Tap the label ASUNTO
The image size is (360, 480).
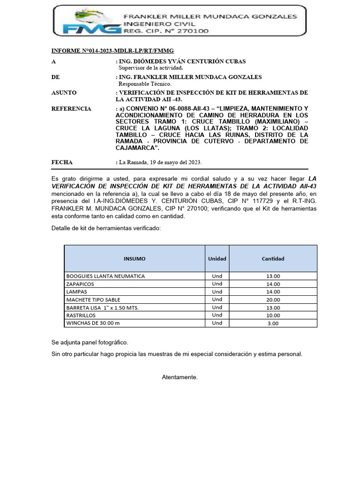pyautogui.click(x=64, y=93)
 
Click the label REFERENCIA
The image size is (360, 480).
pyautogui.click(x=71, y=109)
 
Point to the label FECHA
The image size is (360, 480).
pyautogui.click(x=62, y=162)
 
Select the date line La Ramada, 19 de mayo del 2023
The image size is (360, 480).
pyautogui.click(x=159, y=163)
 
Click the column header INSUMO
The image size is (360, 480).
pyautogui.click(x=135, y=259)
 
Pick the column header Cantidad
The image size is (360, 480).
pyautogui.click(x=273, y=259)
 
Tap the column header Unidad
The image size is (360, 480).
pyautogui.click(x=217, y=259)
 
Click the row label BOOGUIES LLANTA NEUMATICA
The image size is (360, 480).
pyautogui.click(x=105, y=276)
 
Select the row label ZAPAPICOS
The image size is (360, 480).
pyautogui.click(x=80, y=284)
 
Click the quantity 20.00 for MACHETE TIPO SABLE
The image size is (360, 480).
pyautogui.click(x=273, y=300)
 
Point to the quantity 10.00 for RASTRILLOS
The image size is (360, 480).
pyautogui.click(x=273, y=315)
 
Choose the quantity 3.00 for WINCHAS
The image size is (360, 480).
pyautogui.click(x=273, y=323)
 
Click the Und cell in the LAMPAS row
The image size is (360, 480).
pyautogui.click(x=217, y=292)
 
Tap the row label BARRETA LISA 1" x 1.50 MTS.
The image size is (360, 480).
pyautogui.click(x=103, y=307)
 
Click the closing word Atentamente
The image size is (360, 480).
pyautogui.click(x=180, y=377)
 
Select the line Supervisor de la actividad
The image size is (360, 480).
pyautogui.click(x=150, y=68)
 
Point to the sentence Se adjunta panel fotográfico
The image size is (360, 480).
pyautogui.click(x=90, y=342)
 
